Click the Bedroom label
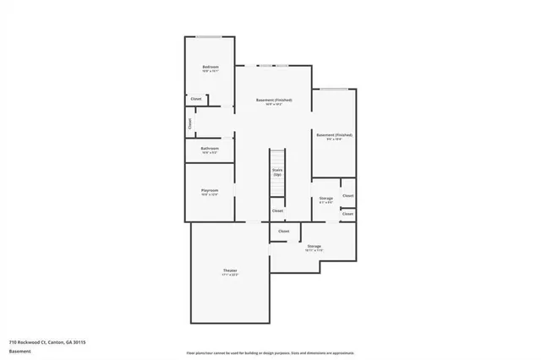(x=210, y=67)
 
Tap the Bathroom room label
(x=210, y=149)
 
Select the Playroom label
(x=210, y=190)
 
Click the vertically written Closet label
(x=190, y=123)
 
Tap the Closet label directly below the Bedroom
(x=195, y=100)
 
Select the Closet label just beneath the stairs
(x=277, y=210)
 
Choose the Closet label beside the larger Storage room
(x=283, y=231)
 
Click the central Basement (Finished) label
(x=274, y=100)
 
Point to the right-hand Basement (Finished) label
(x=334, y=134)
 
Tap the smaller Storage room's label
(x=325, y=198)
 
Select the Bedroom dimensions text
(x=210, y=72)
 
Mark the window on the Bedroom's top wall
(x=210, y=36)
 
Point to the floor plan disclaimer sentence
(x=270, y=352)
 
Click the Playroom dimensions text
(x=210, y=195)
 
